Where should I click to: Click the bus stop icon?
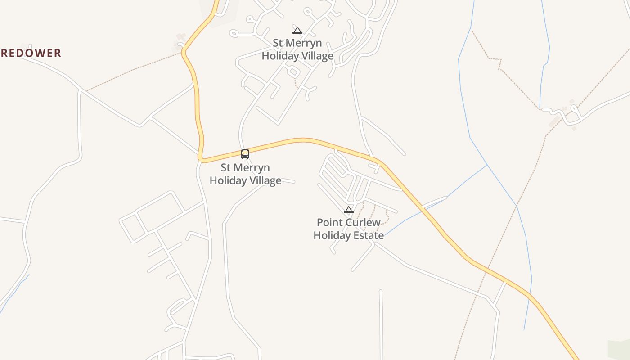tap(245, 154)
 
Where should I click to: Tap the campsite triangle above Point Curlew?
tap(349, 210)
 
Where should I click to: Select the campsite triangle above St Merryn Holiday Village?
tap(297, 30)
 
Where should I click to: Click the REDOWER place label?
tap(31, 53)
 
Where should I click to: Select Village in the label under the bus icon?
tap(263, 180)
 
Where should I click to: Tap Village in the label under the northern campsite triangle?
tap(315, 56)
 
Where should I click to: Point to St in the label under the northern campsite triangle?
tap(278, 43)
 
